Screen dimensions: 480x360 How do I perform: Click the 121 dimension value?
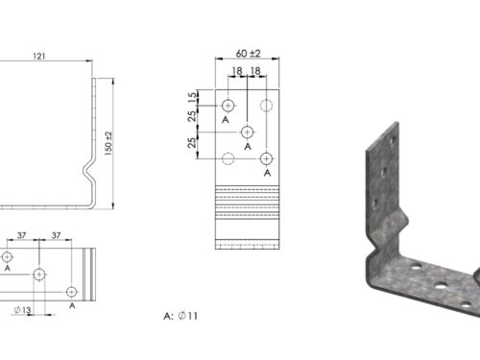[39, 57]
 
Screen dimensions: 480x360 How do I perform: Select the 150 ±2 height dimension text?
[108, 143]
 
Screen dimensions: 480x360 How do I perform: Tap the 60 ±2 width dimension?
[248, 54]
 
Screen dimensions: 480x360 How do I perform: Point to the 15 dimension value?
[192, 97]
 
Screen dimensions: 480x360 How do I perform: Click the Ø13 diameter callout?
[22, 310]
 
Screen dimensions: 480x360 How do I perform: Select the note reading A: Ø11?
[180, 316]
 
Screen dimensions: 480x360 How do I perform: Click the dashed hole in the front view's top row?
[266, 106]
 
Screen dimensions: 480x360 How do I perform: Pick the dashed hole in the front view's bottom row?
[228, 158]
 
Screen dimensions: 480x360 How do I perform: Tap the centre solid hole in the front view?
[247, 132]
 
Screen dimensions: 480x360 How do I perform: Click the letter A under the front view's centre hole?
[248, 147]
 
